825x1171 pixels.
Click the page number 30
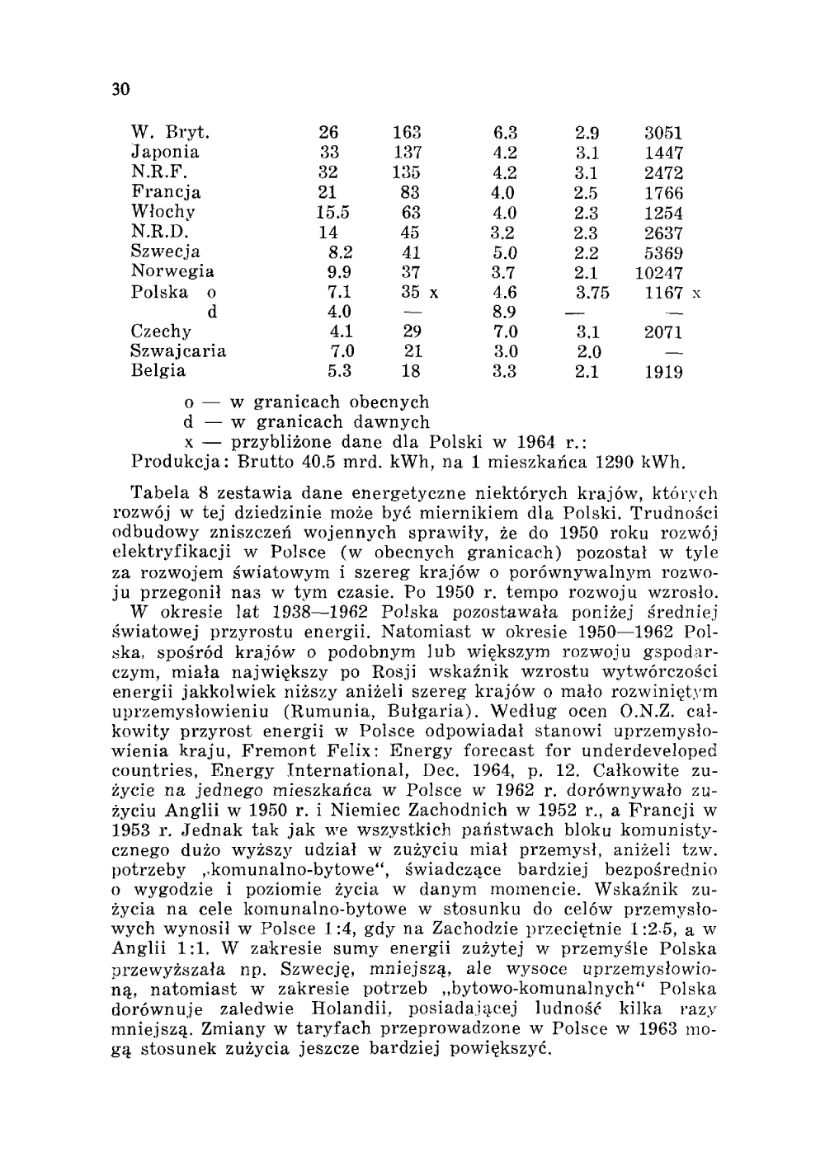pos(121,89)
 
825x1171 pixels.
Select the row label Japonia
pos(166,153)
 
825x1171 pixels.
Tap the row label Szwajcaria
pos(179,351)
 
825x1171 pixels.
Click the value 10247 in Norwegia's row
pos(659,272)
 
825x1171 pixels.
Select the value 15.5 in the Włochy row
pos(333,213)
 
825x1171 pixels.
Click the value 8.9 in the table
pos(504,312)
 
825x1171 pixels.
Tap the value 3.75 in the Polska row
pos(592,292)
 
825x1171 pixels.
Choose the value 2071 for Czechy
pos(663,332)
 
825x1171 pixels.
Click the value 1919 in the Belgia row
pos(663,372)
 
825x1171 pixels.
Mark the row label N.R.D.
pos(154,233)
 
